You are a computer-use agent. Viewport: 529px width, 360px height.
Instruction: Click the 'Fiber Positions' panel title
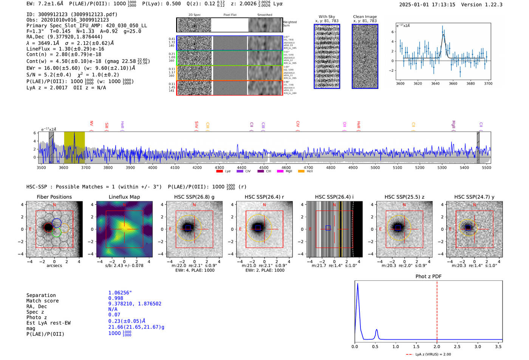click(54, 197)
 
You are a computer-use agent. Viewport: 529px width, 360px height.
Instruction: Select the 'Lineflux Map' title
click(124, 197)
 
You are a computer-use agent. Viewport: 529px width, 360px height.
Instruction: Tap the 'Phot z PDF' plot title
click(428, 277)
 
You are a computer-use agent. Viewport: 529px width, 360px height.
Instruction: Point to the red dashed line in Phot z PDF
click(437, 310)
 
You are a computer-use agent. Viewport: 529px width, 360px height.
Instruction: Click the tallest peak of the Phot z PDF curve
click(357, 284)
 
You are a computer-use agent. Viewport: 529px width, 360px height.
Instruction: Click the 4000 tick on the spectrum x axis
click(152, 167)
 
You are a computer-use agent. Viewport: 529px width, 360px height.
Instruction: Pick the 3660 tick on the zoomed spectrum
click(453, 83)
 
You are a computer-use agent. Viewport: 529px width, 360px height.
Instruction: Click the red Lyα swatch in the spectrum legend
click(219, 171)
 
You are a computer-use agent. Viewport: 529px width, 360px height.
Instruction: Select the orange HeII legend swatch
click(301, 171)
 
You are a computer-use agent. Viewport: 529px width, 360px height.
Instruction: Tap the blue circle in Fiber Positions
click(57, 223)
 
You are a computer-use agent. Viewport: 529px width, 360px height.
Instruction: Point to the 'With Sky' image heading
click(327, 17)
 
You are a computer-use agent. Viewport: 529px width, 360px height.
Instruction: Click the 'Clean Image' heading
click(365, 17)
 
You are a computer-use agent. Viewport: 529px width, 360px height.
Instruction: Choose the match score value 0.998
click(116, 298)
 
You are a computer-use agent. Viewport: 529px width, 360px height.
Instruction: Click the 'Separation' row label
click(41, 295)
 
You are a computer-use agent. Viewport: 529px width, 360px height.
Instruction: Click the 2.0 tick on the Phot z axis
click(437, 346)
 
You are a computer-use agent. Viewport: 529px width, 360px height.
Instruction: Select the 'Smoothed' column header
click(264, 15)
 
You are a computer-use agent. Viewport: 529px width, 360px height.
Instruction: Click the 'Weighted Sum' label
click(289, 24)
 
